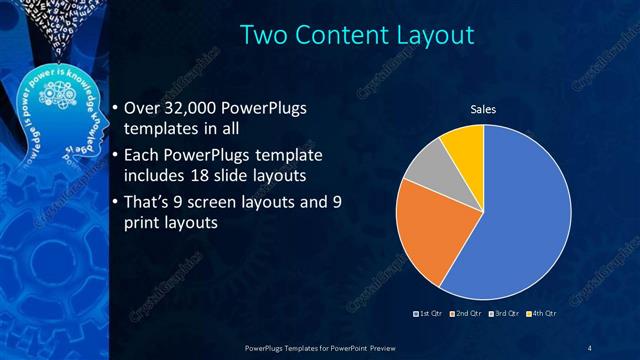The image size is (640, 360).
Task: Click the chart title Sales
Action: tap(484, 110)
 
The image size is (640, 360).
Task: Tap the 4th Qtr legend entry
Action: tap(541, 314)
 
